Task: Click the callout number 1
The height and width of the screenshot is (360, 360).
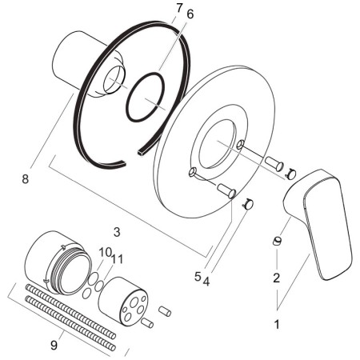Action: point(277,324)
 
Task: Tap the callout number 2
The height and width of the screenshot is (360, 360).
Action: point(277,278)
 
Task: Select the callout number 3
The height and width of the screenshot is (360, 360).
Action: point(117,232)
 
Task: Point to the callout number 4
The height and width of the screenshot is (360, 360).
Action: point(206,282)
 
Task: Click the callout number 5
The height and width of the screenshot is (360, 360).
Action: point(198,277)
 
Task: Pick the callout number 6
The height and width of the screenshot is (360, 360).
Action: point(190,14)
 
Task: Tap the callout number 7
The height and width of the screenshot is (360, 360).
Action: point(179,8)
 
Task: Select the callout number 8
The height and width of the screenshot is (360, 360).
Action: point(25,178)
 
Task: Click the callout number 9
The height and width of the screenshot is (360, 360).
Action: point(54,346)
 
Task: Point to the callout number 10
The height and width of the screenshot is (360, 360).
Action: point(105,252)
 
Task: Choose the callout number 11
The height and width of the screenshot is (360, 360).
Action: point(118,258)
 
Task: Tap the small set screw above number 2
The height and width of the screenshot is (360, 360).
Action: point(277,241)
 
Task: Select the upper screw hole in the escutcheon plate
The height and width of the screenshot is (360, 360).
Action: point(240,144)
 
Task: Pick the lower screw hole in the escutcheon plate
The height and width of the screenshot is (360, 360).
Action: point(193,172)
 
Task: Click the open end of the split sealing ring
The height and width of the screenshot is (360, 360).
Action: point(140,153)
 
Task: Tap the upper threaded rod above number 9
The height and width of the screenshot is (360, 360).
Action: point(70,311)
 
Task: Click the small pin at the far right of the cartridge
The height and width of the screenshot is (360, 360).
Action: point(165,311)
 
